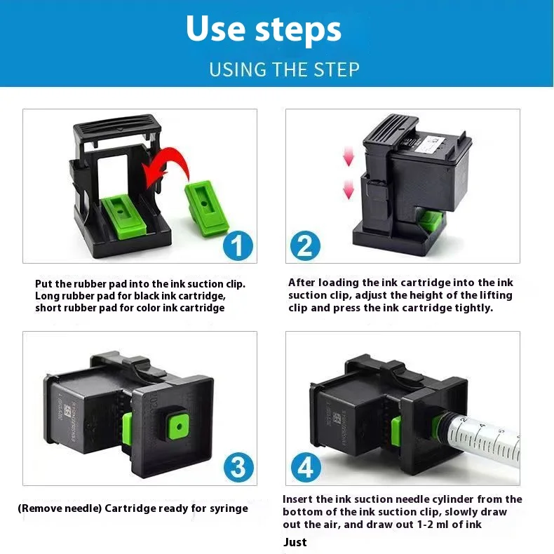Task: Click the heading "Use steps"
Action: click(264, 29)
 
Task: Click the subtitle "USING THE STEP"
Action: click(284, 69)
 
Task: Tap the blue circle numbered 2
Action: click(304, 246)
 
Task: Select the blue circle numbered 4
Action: click(305, 467)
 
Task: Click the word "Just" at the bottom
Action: click(295, 542)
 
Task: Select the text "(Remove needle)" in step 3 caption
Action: click(59, 508)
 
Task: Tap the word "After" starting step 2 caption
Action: click(303, 283)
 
